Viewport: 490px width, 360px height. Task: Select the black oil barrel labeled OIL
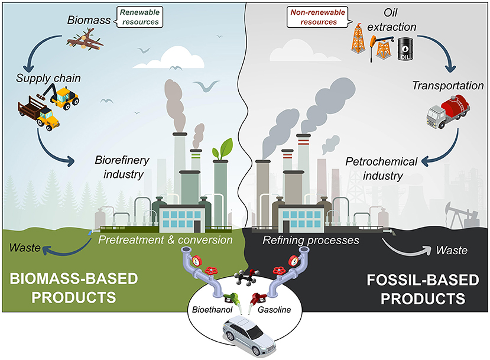405,50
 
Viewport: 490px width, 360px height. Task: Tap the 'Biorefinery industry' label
120,167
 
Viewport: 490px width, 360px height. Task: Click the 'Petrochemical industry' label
382,168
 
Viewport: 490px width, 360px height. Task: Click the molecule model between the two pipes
244,277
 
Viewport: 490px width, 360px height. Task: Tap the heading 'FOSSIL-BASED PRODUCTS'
406,286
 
